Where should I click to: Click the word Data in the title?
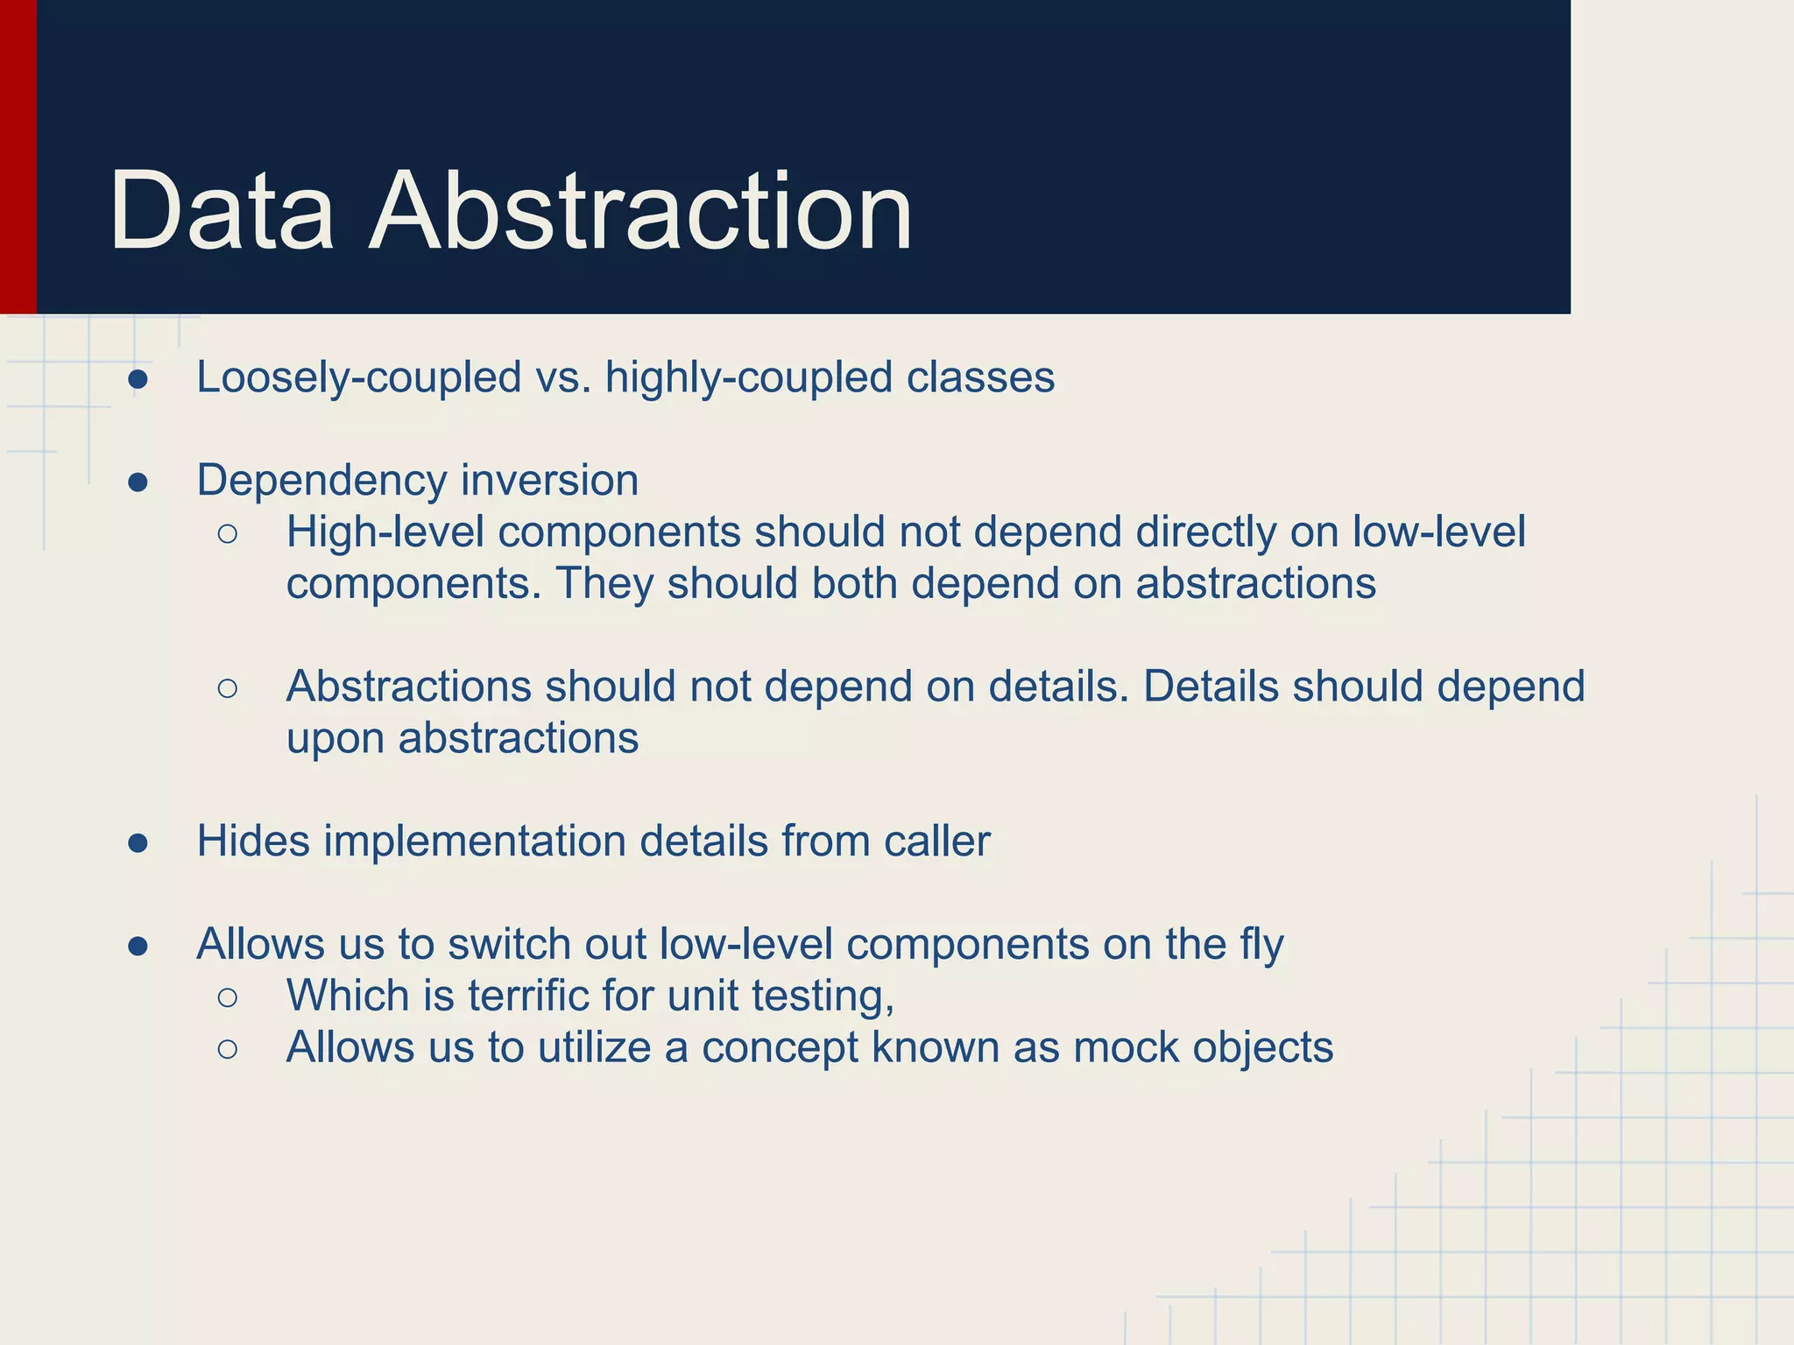[222, 212]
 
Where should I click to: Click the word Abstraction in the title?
[641, 212]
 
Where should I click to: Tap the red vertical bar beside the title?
[18, 158]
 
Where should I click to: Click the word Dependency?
[321, 482]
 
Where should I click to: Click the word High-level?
[385, 532]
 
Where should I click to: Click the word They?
[604, 583]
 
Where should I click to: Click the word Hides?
[253, 842]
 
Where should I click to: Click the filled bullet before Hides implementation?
[138, 843]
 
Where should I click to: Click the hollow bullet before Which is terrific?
[228, 997]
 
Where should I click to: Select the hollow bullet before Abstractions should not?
[228, 688]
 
